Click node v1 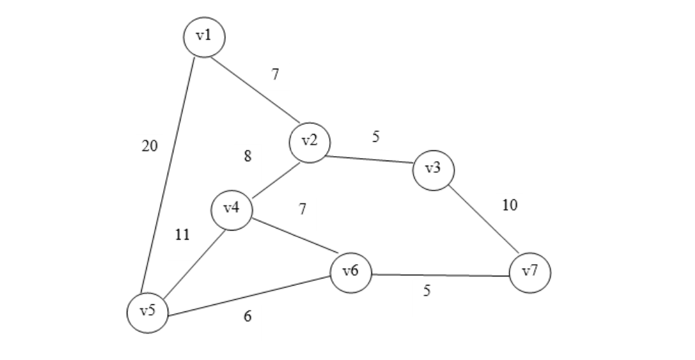[204, 36]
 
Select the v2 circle [309, 142]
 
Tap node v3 [433, 170]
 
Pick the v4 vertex [232, 209]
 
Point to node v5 [148, 312]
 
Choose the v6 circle [351, 272]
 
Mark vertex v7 [530, 273]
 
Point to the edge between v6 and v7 [440, 275]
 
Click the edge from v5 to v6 [249, 297]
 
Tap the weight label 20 [149, 146]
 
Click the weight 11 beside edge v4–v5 [182, 235]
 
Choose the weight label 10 [510, 205]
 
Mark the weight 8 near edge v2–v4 [248, 156]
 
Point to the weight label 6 [248, 317]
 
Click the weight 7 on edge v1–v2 [276, 74]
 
